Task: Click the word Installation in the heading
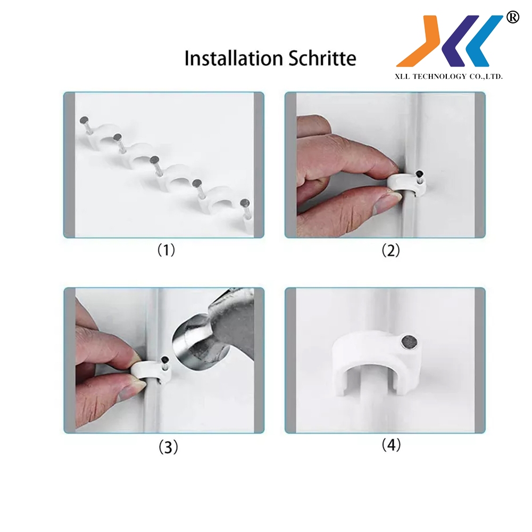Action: (234, 58)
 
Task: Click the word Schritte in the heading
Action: (322, 58)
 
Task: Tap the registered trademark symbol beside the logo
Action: (512, 17)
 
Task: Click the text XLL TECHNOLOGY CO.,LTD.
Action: (448, 77)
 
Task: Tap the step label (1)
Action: (166, 250)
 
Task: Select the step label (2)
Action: (390, 251)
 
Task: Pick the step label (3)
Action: (168, 447)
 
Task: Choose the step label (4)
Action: (391, 445)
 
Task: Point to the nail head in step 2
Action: (420, 174)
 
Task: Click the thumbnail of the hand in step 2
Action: (384, 204)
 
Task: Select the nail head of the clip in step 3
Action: (165, 360)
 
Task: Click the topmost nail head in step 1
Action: (84, 120)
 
